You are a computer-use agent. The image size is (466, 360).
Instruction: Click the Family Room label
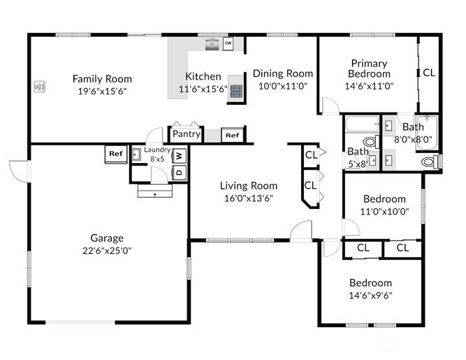[102, 79]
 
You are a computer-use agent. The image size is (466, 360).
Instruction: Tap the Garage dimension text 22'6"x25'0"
[107, 251]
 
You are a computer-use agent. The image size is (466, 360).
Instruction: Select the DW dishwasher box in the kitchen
[228, 43]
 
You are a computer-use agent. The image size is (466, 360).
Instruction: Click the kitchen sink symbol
[212, 44]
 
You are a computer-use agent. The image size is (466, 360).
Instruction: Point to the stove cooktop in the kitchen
[236, 92]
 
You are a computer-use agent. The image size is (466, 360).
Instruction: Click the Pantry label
[187, 134]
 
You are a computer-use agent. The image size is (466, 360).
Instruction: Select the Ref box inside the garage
[116, 154]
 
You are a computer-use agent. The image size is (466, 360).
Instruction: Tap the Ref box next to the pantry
[233, 136]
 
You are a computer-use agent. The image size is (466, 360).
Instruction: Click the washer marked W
[180, 155]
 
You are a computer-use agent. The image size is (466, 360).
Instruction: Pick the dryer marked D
[180, 173]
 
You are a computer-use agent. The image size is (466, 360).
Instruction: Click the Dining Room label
[283, 73]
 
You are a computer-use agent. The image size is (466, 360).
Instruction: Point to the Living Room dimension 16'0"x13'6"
[249, 198]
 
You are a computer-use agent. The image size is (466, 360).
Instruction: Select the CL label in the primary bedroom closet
[429, 73]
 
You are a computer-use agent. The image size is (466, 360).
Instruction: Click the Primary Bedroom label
[369, 69]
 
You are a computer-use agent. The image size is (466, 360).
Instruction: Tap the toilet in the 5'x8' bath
[372, 141]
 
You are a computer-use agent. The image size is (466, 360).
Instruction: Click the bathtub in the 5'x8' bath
[363, 124]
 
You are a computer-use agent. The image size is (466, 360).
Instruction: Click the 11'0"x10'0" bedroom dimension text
[384, 212]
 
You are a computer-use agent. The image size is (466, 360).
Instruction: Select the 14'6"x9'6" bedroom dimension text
[370, 296]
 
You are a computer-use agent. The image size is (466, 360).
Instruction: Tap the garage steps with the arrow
[155, 191]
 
